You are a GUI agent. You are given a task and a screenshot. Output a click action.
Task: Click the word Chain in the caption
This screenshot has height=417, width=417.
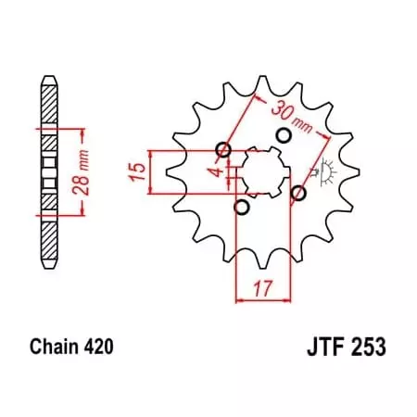[x=52, y=348]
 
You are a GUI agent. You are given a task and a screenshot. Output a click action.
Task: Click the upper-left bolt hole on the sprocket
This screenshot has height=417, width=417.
[x=221, y=150]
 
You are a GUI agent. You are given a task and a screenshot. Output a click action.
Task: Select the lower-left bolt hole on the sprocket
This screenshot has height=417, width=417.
[x=241, y=208]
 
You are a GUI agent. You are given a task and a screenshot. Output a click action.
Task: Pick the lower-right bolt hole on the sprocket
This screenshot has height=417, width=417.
[x=298, y=193]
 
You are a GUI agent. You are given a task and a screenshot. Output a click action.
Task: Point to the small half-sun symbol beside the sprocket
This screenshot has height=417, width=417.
[x=325, y=172]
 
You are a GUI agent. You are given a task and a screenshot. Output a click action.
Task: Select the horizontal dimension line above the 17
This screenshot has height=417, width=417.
[x=262, y=299]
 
